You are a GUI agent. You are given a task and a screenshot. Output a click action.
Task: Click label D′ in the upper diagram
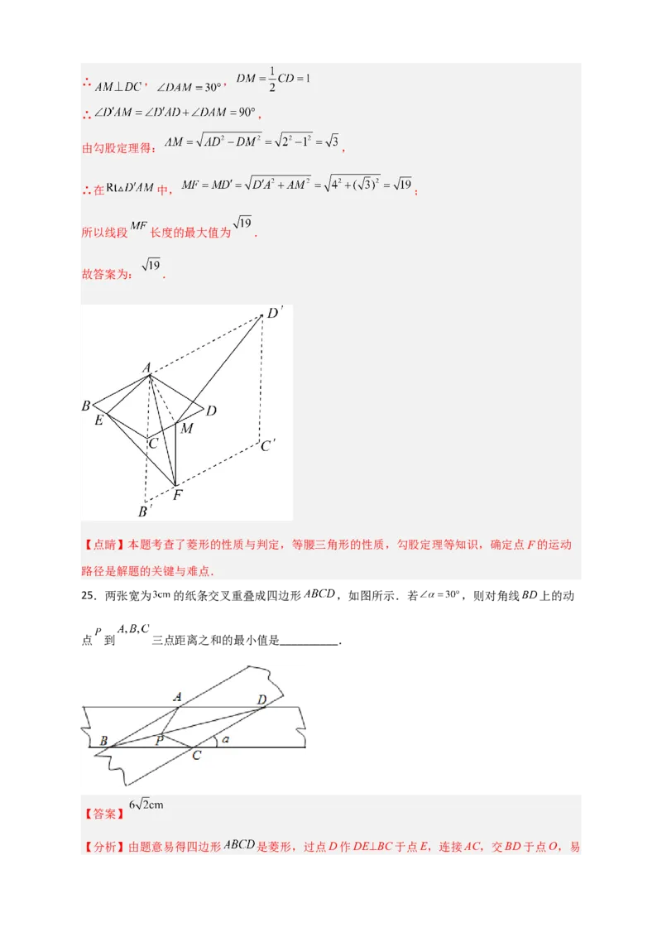tap(275, 314)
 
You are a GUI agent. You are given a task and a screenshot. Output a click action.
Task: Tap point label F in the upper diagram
tap(177, 495)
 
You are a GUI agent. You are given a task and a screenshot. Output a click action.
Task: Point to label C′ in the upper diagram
tap(267, 445)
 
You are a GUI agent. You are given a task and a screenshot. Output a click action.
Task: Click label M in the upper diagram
tap(186, 428)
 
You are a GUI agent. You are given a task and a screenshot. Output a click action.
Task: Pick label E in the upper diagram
tap(99, 420)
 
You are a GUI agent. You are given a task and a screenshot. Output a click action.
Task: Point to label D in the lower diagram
tap(261, 700)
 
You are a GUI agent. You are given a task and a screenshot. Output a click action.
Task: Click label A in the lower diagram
tap(177, 697)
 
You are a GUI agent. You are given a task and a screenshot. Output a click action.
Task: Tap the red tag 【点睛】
tap(103, 545)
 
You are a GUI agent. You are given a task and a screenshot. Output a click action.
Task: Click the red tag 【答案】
tap(103, 814)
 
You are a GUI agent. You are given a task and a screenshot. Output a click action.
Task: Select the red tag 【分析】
tap(103, 847)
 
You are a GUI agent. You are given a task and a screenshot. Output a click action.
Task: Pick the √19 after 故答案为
tap(151, 266)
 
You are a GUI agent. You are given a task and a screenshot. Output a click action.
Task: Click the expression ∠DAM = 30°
tap(189, 87)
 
